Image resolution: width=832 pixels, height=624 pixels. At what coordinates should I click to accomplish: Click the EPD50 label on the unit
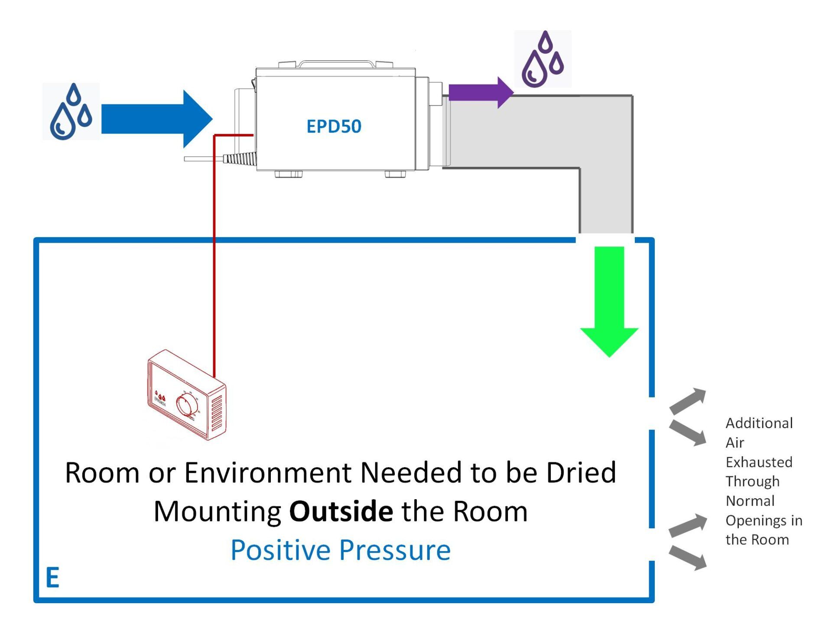[x=334, y=127]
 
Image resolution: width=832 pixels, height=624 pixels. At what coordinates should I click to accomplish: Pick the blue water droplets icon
[x=71, y=112]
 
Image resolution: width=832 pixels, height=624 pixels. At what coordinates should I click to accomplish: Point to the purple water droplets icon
[x=543, y=59]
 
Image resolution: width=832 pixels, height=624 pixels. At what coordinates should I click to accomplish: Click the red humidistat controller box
[x=186, y=394]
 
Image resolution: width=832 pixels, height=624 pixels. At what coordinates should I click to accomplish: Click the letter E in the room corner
[x=52, y=578]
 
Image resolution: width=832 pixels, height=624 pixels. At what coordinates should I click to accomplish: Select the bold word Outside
[x=341, y=511]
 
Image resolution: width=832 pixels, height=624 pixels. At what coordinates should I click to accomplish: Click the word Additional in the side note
[x=759, y=423]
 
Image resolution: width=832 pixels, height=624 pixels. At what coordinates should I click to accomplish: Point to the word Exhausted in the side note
[x=759, y=462]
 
